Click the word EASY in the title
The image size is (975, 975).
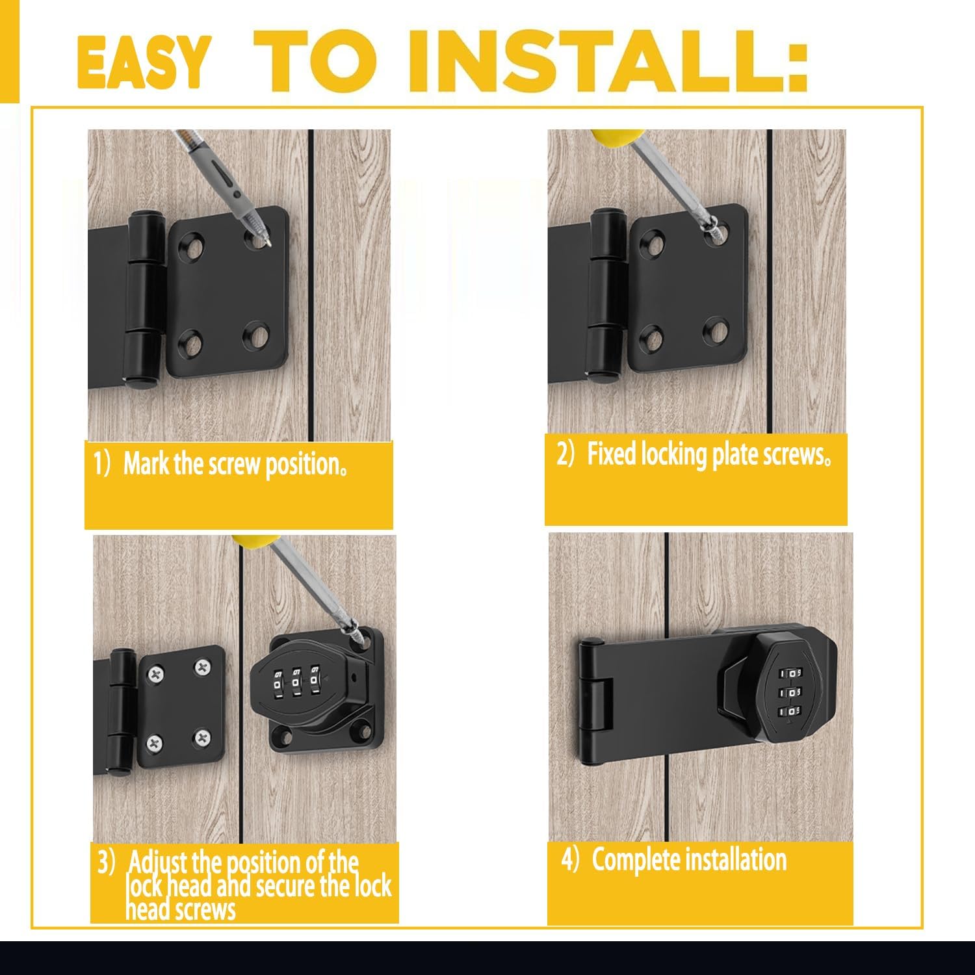click(143, 62)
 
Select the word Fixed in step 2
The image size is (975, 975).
click(612, 454)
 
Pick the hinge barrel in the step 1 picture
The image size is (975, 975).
click(144, 299)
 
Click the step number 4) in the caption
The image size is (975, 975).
click(569, 860)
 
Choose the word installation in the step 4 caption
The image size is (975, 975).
click(736, 860)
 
